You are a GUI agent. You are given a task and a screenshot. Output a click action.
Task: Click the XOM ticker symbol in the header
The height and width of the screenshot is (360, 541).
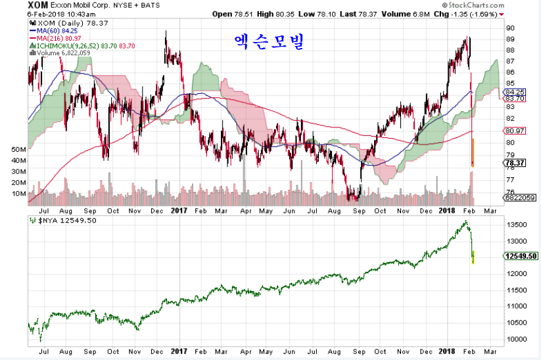(x=38, y=5)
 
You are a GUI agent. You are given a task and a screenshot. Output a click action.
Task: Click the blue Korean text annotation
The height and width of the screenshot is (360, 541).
(x=270, y=42)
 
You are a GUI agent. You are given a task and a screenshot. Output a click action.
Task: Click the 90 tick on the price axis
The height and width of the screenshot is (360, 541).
(x=509, y=28)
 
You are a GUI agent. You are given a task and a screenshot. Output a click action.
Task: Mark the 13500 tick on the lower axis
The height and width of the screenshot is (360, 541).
(x=515, y=225)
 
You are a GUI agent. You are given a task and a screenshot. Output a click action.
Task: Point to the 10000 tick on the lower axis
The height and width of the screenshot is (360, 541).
(x=515, y=340)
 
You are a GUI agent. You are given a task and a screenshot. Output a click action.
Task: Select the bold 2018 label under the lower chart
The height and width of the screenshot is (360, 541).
(x=446, y=352)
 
